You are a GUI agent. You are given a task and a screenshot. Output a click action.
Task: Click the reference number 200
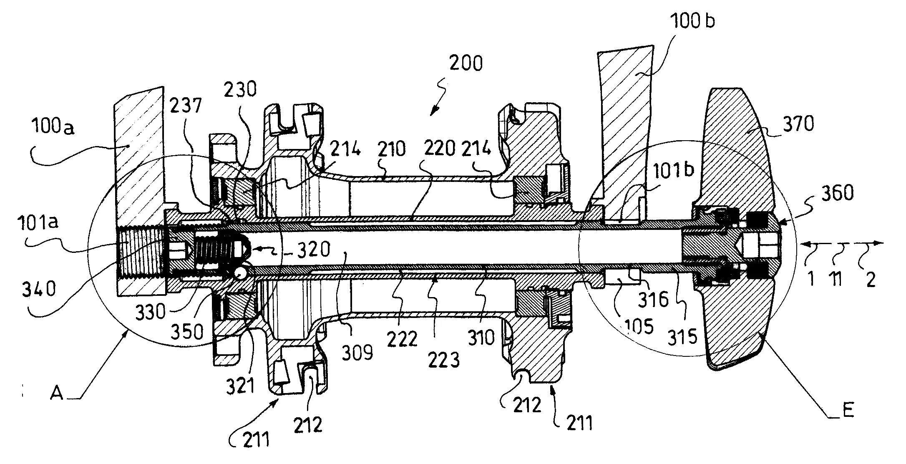(x=466, y=63)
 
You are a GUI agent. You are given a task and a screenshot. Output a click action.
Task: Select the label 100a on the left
(x=52, y=126)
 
